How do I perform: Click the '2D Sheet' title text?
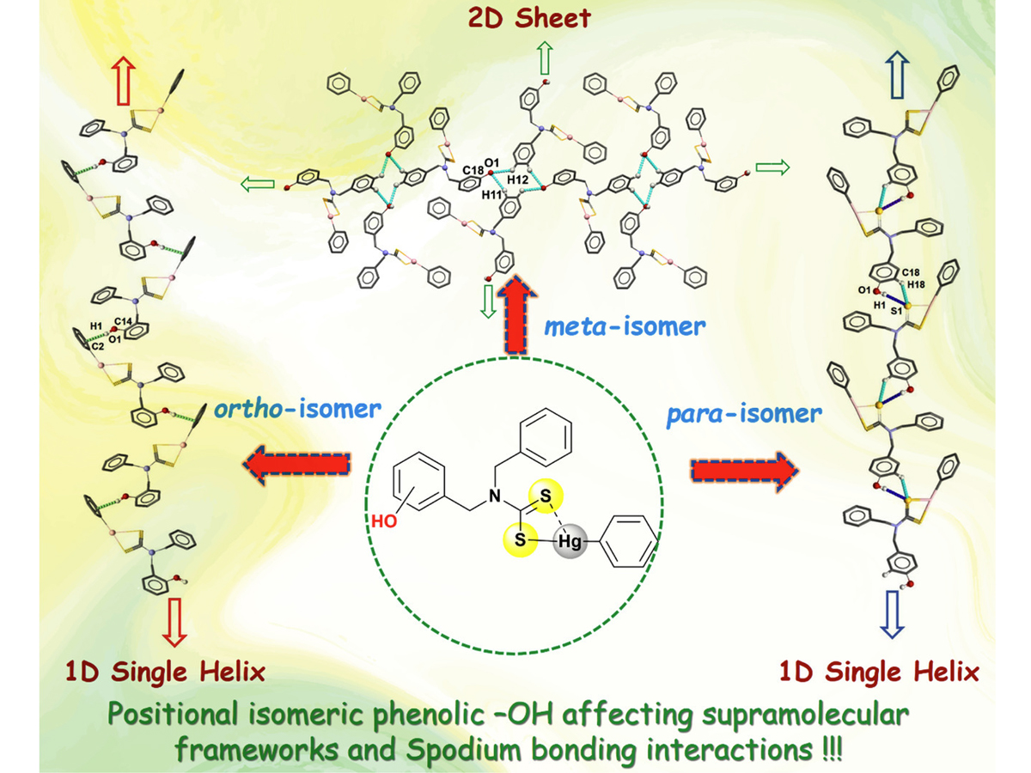point(516,16)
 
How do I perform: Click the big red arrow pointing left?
point(297,466)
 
